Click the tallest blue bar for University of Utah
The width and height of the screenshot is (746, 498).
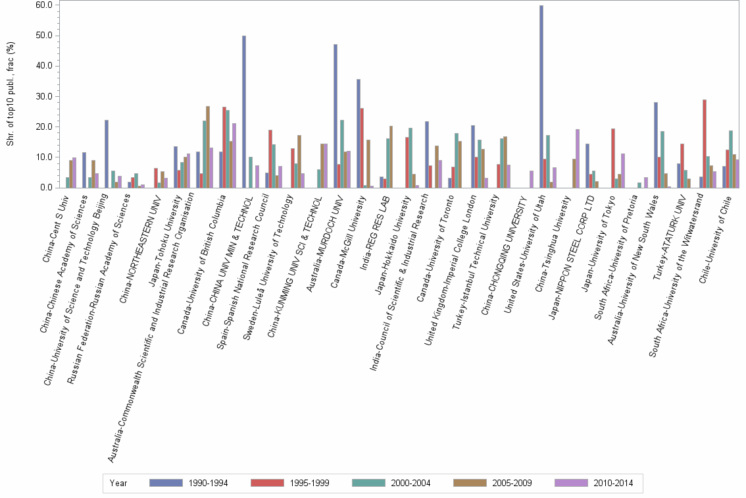541,97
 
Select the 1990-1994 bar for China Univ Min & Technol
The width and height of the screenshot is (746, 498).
244,112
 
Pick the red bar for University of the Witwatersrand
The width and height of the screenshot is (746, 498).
705,144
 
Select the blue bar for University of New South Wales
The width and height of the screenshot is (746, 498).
656,145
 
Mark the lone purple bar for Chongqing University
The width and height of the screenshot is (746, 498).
532,179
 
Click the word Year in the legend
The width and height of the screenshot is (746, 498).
118,484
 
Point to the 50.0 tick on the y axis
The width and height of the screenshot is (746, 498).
44,36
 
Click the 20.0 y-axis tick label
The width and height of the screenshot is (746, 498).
44,126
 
